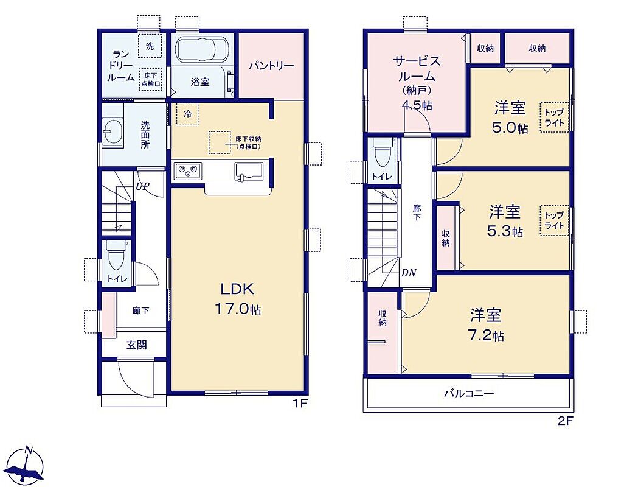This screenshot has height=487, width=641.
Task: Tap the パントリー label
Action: (x=271, y=66)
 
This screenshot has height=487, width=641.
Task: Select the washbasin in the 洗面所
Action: (x=113, y=131)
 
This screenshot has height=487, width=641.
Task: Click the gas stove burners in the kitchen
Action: (x=188, y=170)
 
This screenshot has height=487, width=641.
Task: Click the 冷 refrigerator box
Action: (x=188, y=114)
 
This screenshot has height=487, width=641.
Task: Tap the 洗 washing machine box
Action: (x=150, y=46)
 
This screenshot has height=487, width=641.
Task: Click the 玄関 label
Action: (x=136, y=345)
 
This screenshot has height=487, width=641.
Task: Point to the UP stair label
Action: (x=142, y=187)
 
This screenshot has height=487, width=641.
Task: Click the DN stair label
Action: (x=409, y=273)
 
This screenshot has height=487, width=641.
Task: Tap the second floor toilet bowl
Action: (x=383, y=153)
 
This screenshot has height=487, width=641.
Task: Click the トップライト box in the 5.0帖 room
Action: (x=554, y=117)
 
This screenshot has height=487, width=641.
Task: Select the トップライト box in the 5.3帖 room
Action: (x=554, y=220)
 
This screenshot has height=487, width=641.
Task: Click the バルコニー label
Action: (x=469, y=394)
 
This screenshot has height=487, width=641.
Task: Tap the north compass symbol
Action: (x=26, y=466)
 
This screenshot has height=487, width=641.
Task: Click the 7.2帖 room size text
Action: (x=486, y=336)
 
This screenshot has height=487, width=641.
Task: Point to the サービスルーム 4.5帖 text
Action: (x=417, y=83)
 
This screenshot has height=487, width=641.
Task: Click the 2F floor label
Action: (x=566, y=421)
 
